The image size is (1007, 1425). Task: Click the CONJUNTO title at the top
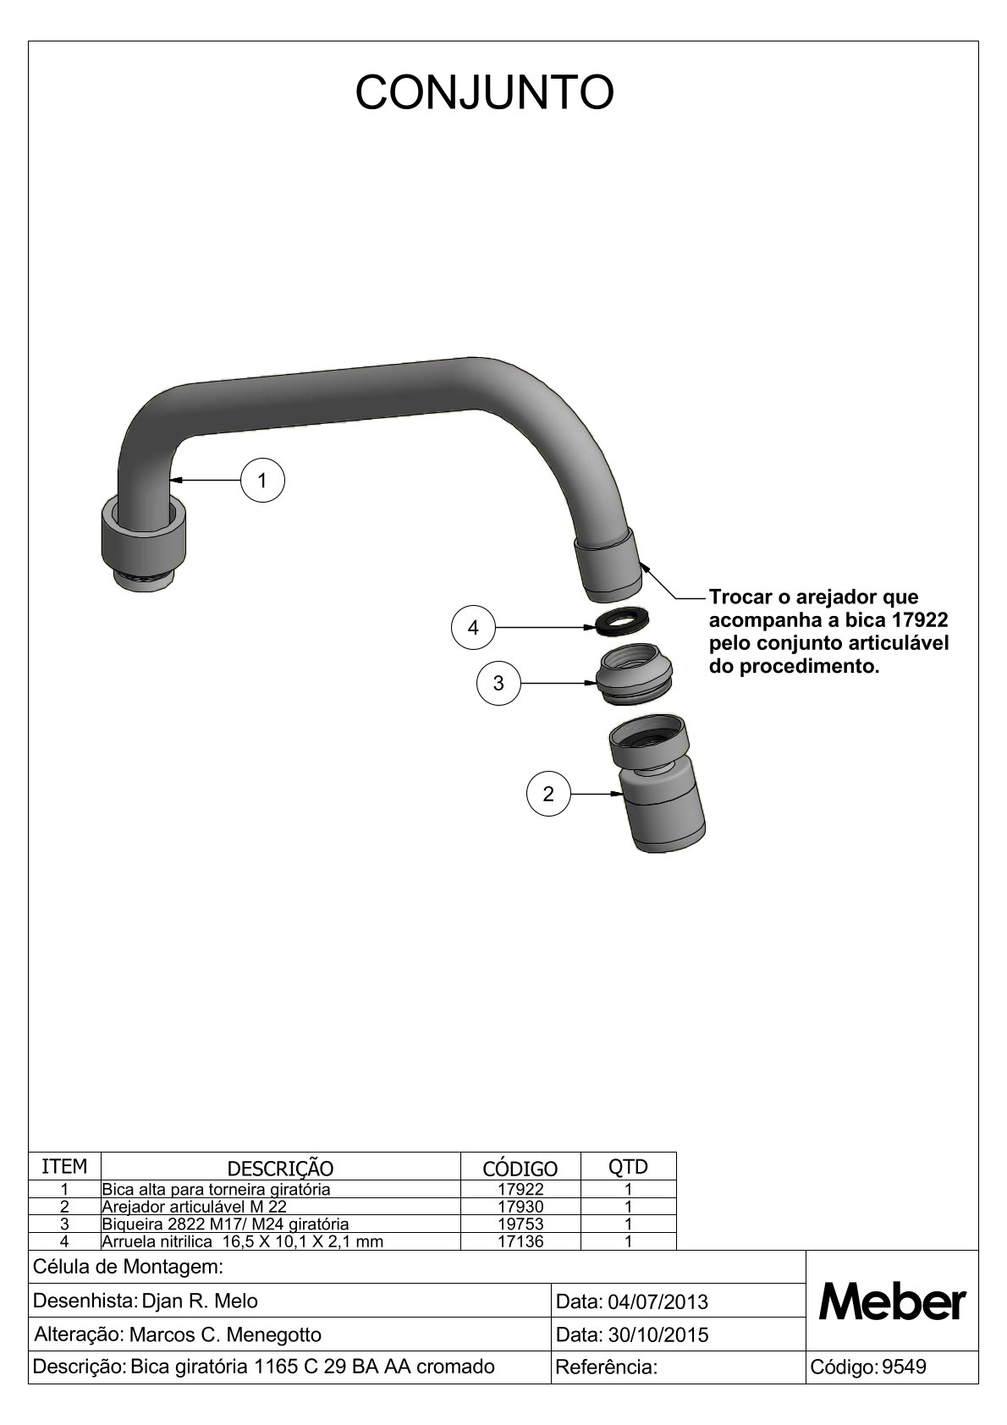tap(484, 92)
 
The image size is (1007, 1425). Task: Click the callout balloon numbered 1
tap(262, 481)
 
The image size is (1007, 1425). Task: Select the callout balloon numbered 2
tap(548, 794)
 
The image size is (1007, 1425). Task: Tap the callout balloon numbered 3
tap(498, 683)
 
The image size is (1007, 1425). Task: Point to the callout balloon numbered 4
tap(473, 628)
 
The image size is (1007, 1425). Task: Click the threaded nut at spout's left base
tap(143, 545)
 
